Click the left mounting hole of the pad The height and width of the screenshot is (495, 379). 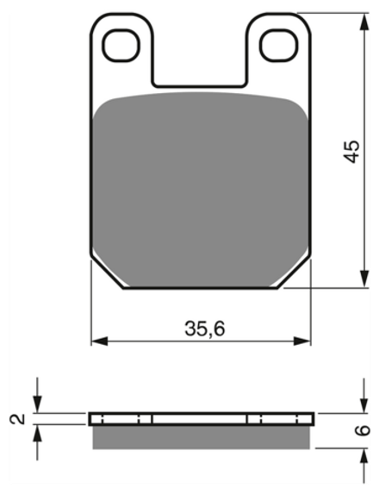(121, 45)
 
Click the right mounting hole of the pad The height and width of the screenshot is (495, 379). (279, 45)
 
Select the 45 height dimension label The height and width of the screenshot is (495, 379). (352, 151)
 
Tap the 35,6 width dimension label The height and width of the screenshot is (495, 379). (205, 329)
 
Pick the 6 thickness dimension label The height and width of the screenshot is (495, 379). (364, 430)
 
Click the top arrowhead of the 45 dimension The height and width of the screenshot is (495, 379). (364, 22)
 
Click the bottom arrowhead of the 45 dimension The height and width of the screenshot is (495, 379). (364, 279)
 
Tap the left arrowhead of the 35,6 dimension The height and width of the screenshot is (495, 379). (99, 341)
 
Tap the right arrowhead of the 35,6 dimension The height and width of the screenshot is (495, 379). (302, 341)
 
